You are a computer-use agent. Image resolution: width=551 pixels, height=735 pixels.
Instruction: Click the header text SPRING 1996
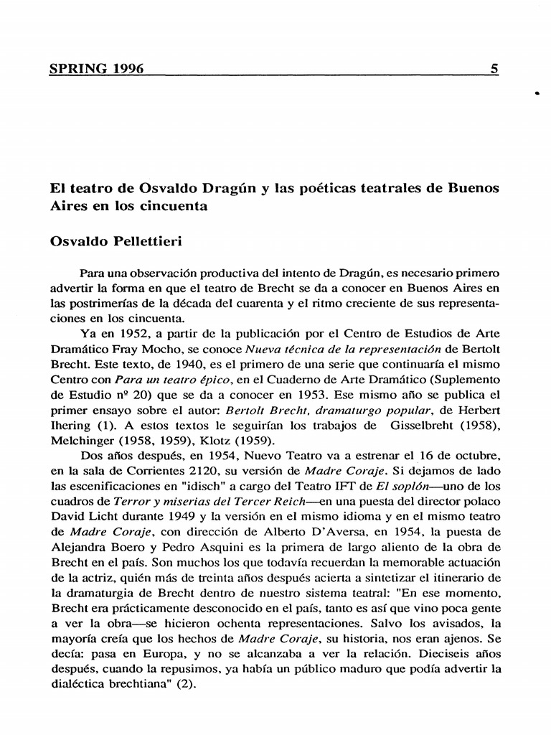pyautogui.click(x=96, y=69)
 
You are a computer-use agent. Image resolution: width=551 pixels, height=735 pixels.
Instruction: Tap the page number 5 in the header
pyautogui.click(x=494, y=69)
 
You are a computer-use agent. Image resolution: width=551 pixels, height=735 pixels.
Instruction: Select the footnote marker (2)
pyautogui.click(x=185, y=683)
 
